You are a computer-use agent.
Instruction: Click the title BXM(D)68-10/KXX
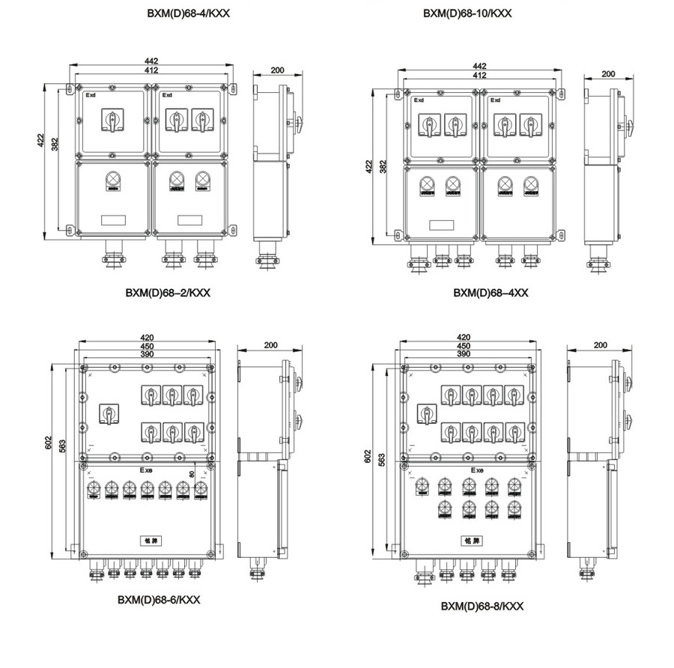point(467,13)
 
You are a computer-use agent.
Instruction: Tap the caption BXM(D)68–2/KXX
point(168,292)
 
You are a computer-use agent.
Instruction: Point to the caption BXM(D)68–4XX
point(491,292)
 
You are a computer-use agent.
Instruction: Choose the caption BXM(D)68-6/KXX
point(159,599)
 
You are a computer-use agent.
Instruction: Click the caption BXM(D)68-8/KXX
point(482,606)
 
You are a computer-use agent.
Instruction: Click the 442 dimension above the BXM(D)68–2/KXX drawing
point(152,62)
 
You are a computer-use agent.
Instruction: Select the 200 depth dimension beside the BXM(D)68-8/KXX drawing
point(599,345)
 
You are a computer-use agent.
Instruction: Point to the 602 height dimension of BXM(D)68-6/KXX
point(49,444)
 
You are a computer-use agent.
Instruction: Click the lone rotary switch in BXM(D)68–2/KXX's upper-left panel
point(113,120)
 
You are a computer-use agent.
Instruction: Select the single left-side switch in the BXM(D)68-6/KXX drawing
point(109,413)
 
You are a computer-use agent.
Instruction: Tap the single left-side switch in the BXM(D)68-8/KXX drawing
point(428,413)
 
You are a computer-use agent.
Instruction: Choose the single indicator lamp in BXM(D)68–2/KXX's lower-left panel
point(113,180)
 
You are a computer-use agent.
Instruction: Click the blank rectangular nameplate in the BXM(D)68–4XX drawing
point(442,224)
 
